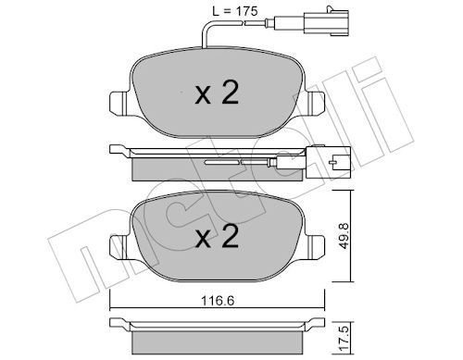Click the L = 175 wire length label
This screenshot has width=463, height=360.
234,11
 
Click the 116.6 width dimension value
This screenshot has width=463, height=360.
218,301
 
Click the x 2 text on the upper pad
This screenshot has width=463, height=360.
217,93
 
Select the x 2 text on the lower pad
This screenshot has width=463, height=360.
217,237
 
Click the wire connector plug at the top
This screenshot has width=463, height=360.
327,22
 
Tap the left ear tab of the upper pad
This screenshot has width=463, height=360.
119,104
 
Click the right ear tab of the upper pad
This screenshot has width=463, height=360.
316,104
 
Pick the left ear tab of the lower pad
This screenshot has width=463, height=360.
119,247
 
